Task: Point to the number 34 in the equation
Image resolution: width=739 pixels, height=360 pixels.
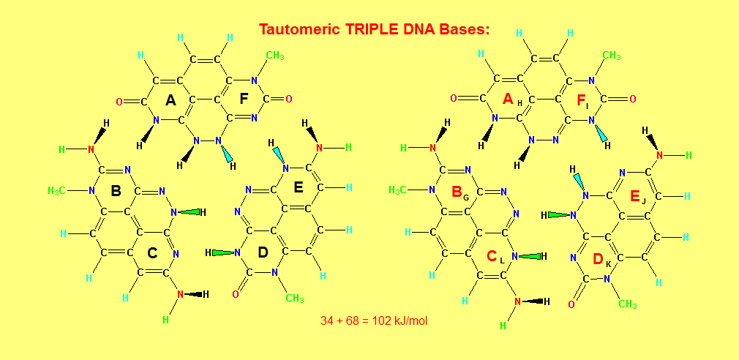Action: click(x=327, y=320)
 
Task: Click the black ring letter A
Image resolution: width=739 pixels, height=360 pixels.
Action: click(x=170, y=100)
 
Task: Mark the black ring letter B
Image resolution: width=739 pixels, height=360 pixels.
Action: click(x=116, y=191)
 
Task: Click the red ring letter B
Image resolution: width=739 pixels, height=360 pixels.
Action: click(x=456, y=192)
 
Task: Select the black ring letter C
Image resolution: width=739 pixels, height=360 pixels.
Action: click(x=152, y=253)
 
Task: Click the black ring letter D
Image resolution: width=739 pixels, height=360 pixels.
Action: click(x=263, y=253)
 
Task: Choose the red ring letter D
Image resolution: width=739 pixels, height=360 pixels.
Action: click(x=597, y=259)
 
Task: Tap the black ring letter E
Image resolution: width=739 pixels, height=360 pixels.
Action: click(x=299, y=187)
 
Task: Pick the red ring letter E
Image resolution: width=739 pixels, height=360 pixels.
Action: click(x=634, y=195)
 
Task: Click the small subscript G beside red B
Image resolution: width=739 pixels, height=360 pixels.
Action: click(x=466, y=198)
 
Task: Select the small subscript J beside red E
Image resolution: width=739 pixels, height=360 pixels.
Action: click(x=644, y=200)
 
